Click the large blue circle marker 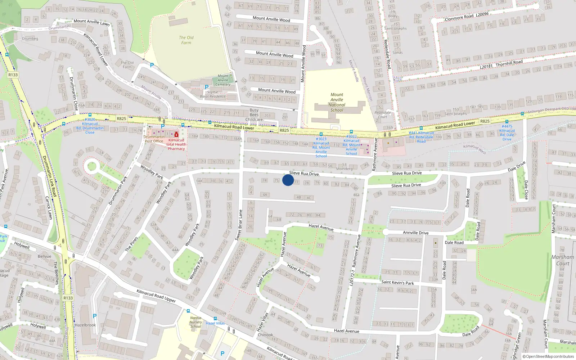click(x=288, y=180)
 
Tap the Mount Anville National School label click(x=337, y=103)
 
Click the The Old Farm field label click(x=186, y=40)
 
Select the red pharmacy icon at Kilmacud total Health click(x=176, y=134)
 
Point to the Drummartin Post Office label click(x=154, y=139)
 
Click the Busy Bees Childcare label click(x=254, y=115)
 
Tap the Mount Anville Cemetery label click(x=223, y=80)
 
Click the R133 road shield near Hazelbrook click(x=68, y=298)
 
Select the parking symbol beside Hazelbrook click(x=95, y=316)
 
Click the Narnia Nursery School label click(x=196, y=322)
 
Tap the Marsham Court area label click(x=563, y=260)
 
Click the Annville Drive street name click(x=415, y=233)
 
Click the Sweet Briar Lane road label click(x=238, y=225)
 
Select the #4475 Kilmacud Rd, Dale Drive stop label click(x=507, y=132)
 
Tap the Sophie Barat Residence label click(x=212, y=94)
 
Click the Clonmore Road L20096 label click(x=467, y=17)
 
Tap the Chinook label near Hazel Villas click(x=265, y=335)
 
